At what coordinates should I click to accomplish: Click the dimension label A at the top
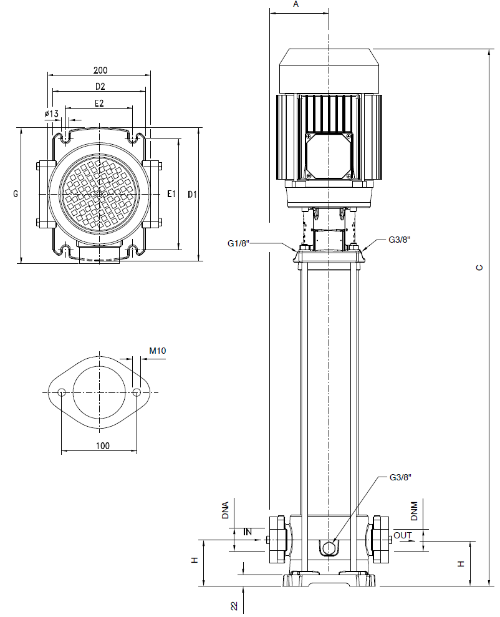(x=296, y=4)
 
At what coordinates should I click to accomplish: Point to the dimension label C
(x=479, y=268)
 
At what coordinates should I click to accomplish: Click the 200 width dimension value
(x=100, y=70)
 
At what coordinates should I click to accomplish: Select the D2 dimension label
(x=100, y=86)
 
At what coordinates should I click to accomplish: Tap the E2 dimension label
(x=99, y=103)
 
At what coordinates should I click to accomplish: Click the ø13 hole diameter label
(x=52, y=114)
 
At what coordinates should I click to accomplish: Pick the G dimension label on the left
(x=16, y=193)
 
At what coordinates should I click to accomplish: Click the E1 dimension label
(x=171, y=193)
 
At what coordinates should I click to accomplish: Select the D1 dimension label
(x=192, y=194)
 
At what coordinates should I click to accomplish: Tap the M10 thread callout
(x=158, y=350)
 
